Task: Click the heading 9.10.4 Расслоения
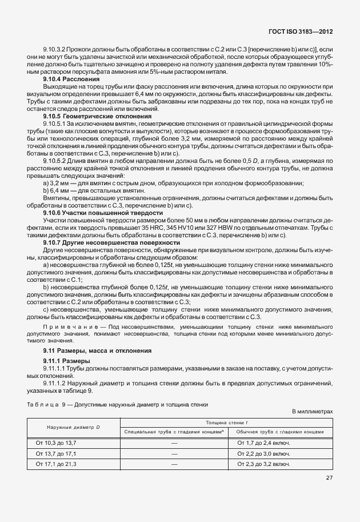click(75, 78)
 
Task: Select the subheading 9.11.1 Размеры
click(66, 361)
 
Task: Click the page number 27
click(329, 478)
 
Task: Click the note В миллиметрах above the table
click(312, 411)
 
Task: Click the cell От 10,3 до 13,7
click(56, 443)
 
